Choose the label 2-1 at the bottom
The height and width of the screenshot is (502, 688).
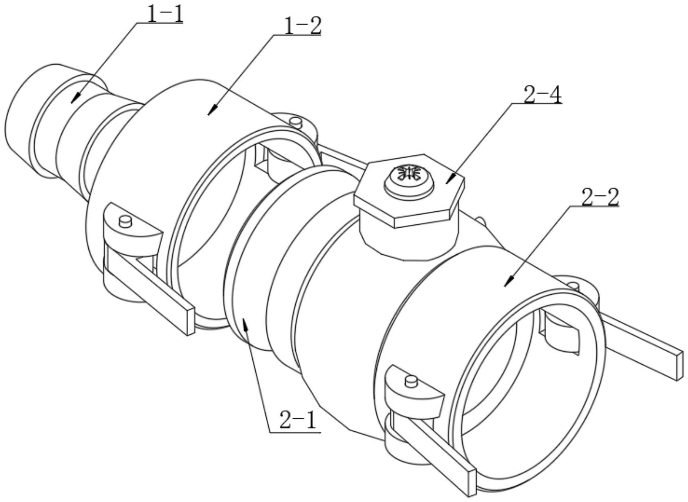pos(298,421)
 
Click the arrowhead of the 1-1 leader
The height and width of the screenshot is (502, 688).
pos(73,102)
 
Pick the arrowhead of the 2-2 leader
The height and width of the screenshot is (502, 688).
pos(506,285)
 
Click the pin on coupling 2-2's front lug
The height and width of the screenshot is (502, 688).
pos(410,381)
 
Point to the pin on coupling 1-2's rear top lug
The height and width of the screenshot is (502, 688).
pos(295,121)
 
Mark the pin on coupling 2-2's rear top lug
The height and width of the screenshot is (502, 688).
pos(574,285)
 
